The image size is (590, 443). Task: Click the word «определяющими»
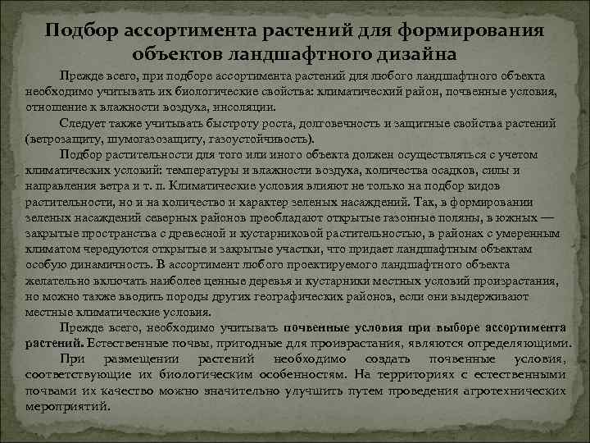(x=529, y=343)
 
